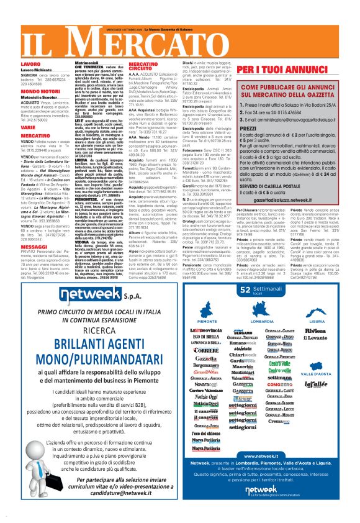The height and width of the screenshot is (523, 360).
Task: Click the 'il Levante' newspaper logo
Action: [317, 336]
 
